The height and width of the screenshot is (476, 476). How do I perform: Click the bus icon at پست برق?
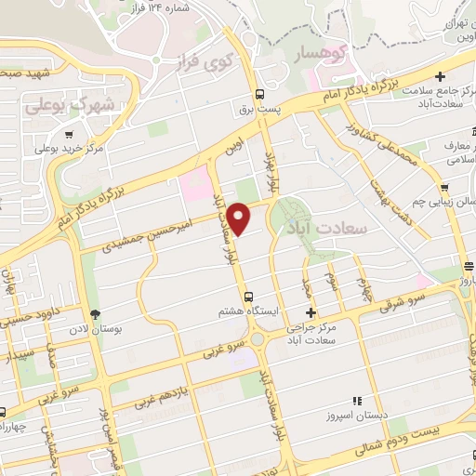pos(258,94)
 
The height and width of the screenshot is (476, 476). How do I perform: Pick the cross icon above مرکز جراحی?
pos(311,312)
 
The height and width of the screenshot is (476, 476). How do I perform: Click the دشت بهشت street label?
pos(374,191)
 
